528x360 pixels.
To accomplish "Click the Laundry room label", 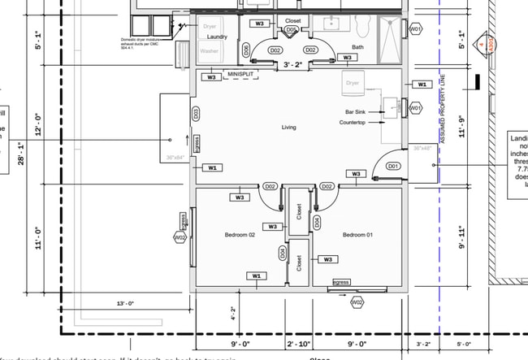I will pos(216,37).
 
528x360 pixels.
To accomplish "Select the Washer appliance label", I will pos(209,51).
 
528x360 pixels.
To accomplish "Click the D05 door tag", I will pos(292,30).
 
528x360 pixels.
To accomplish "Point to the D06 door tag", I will pos(247,50).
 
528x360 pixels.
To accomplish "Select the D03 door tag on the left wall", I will pos(196,115).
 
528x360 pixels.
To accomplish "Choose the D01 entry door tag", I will pos(393,166).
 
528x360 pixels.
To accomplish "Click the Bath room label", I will pos(357,46).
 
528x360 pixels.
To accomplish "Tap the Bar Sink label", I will pos(356,111).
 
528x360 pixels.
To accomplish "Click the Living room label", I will pos(288,128).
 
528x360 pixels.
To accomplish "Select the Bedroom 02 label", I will pos(240,235).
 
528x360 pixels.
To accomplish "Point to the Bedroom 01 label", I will pos(357,235).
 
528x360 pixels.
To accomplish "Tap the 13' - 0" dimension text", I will pos(123,303).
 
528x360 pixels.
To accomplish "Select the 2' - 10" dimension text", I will pos(300,345).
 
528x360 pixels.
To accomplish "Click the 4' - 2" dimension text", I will pos(233,312).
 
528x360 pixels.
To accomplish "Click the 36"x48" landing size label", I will pos(422,149).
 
